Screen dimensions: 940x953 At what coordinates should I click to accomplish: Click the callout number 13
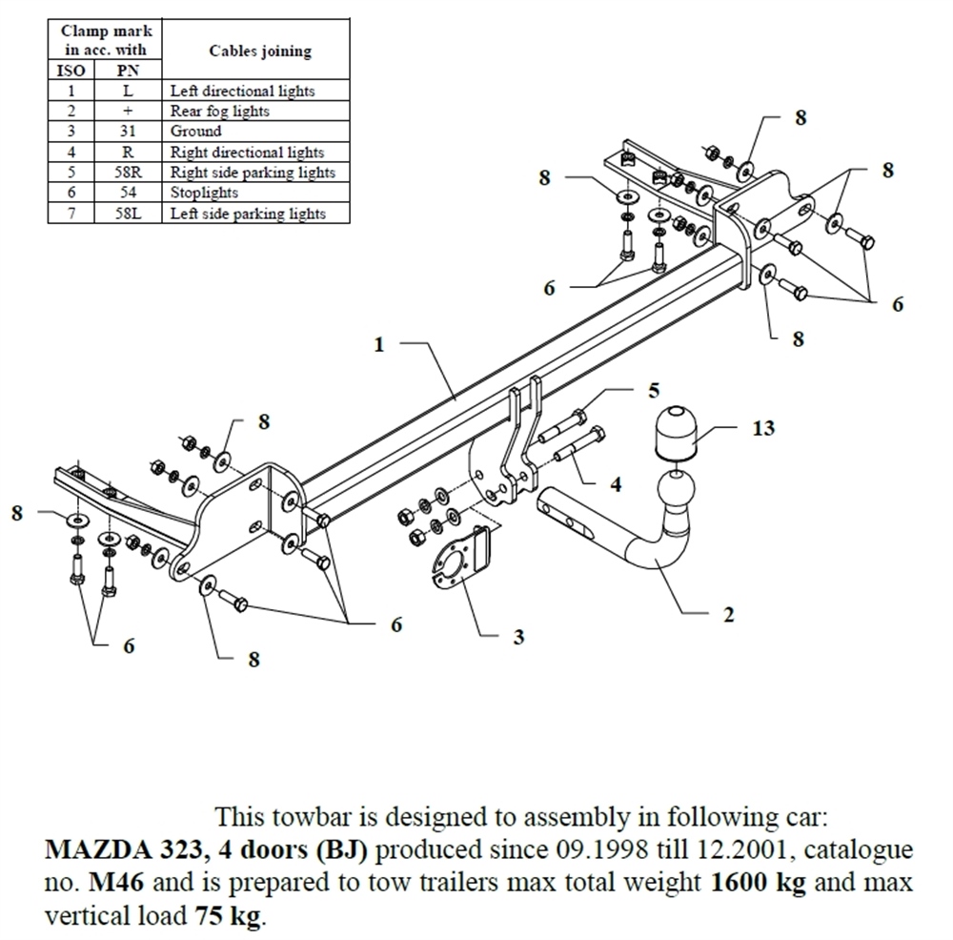(x=763, y=428)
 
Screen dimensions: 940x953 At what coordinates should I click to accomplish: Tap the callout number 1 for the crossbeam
(x=379, y=344)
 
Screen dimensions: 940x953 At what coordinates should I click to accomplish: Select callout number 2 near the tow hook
(x=728, y=616)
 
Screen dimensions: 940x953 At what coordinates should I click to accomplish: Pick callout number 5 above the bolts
(x=654, y=390)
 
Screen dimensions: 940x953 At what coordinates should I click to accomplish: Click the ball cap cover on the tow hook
(x=674, y=434)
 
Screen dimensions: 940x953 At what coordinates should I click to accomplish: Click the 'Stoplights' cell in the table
(x=204, y=193)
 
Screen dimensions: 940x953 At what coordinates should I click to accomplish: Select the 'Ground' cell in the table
(x=195, y=132)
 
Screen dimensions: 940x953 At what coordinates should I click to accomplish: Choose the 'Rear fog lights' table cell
(x=219, y=112)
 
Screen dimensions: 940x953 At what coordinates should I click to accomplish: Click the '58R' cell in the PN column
(x=128, y=173)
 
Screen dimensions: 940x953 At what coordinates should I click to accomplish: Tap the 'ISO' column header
(x=71, y=71)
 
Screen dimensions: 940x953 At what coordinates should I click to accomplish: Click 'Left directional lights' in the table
(x=242, y=92)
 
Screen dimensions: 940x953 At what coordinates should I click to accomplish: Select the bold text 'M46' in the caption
(x=114, y=883)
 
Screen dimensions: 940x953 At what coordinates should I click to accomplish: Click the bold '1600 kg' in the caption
(x=759, y=883)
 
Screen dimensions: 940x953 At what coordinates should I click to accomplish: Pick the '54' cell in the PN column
(x=128, y=193)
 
